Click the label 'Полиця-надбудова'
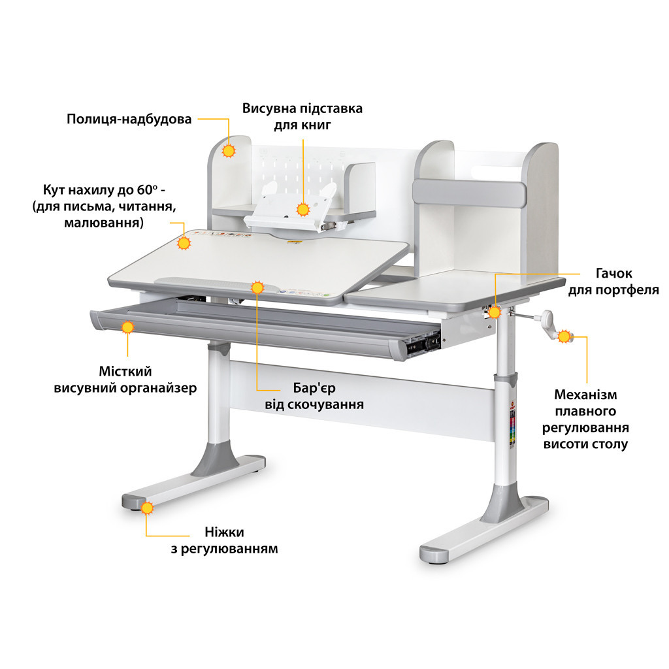[x=129, y=119]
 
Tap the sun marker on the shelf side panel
[x=229, y=151]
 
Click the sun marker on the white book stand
[x=303, y=210]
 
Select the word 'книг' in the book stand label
[x=316, y=125]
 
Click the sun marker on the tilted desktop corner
[x=184, y=243]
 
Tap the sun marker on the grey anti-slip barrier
[x=257, y=287]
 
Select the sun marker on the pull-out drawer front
[x=127, y=327]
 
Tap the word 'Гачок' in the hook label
[x=613, y=273]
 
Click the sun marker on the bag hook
[x=495, y=312]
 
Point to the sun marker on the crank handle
[x=564, y=336]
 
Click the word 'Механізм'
[x=585, y=395]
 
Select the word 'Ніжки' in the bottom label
[x=225, y=532]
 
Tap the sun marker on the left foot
[x=147, y=508]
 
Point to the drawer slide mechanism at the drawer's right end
[x=423, y=344]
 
